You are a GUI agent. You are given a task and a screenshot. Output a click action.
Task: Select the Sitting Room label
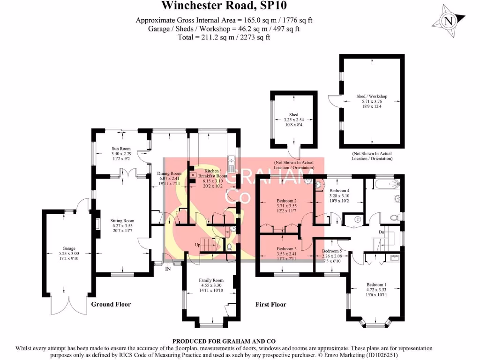(x=122, y=220)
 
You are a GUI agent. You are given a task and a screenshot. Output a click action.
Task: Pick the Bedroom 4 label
(x=339, y=191)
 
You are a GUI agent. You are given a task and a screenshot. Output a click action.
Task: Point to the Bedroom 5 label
(x=331, y=251)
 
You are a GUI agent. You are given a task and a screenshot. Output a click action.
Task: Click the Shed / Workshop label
(x=372, y=97)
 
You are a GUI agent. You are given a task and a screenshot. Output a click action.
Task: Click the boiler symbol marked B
(x=192, y=175)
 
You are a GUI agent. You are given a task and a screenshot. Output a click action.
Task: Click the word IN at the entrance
(x=168, y=269)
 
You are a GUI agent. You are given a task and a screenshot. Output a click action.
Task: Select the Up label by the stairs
(x=197, y=245)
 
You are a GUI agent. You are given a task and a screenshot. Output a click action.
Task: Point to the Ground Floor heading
(x=111, y=304)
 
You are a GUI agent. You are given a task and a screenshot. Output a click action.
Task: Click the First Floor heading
(x=270, y=304)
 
